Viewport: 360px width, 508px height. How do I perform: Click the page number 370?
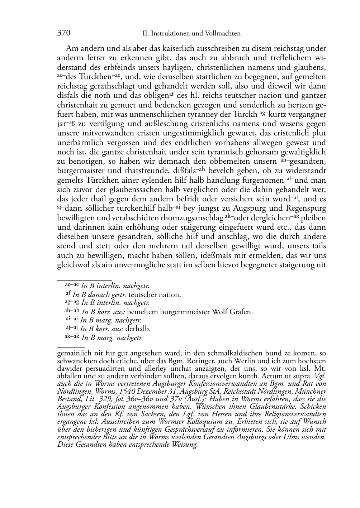click(63, 33)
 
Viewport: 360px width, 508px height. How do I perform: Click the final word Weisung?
click(185, 445)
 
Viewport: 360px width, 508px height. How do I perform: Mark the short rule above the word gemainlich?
click(71, 347)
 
